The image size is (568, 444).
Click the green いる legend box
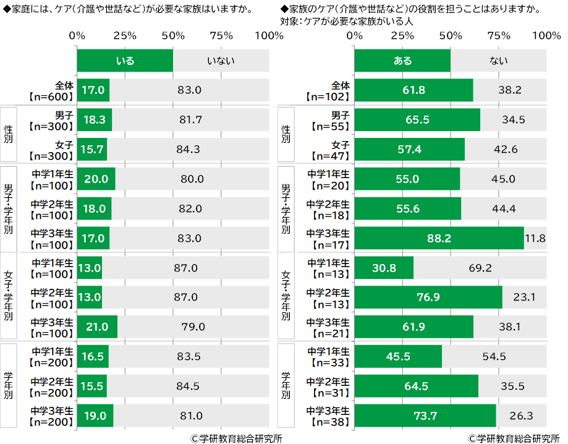125,61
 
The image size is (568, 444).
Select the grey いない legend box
221,61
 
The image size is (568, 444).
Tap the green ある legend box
402,61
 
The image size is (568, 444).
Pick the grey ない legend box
498,61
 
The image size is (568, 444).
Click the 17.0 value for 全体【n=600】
93,90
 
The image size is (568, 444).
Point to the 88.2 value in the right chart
439,238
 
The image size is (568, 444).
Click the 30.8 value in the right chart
384,268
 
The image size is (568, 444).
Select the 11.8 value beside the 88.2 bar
535,238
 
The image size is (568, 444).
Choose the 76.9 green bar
428,297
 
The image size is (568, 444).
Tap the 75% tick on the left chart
221,36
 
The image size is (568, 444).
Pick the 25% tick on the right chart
402,36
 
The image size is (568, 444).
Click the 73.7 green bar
425,416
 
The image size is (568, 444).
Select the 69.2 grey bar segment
480,268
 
